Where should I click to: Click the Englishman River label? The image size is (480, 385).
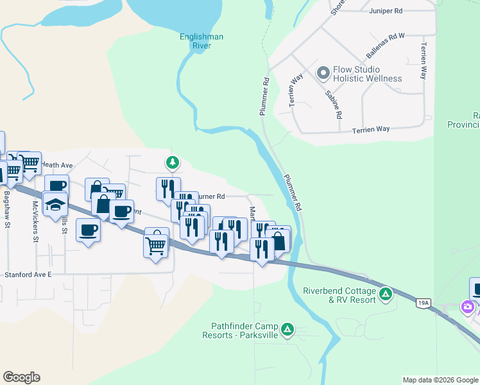201,42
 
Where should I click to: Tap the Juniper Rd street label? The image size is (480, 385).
385,11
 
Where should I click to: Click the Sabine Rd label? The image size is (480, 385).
334,105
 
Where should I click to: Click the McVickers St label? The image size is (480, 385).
36,221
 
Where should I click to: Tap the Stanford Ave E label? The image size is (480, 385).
28,274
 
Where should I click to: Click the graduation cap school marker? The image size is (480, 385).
56,204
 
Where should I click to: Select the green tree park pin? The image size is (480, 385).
172,162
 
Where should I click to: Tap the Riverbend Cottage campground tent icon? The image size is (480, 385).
385,294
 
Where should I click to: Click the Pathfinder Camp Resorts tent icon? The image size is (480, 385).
287,330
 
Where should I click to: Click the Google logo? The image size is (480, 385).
21,377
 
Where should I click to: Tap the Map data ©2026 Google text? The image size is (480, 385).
440,380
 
